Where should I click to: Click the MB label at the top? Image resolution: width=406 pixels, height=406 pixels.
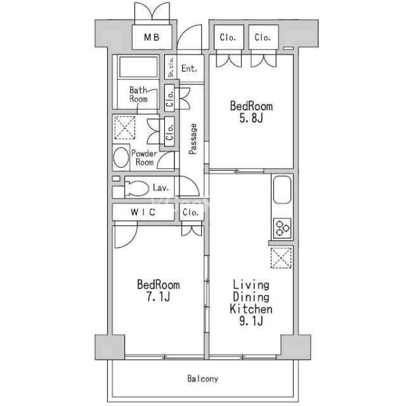point(152,37)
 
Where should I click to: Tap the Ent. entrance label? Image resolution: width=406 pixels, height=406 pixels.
point(189,69)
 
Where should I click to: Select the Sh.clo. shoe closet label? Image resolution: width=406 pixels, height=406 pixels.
point(171,67)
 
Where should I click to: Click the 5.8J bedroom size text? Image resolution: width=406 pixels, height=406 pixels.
point(251,119)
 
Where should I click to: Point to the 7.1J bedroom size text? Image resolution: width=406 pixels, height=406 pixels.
point(158,297)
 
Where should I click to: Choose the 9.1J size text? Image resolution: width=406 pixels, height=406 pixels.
point(251,322)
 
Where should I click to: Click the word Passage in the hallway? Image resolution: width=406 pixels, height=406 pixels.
point(193,139)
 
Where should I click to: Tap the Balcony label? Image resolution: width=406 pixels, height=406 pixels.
point(203,379)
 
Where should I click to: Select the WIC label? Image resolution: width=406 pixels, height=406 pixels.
point(143,213)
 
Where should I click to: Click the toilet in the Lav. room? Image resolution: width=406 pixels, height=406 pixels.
point(136,188)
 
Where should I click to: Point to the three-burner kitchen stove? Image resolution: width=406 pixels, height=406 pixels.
point(282,228)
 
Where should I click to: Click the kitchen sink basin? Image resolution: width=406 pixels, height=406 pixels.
point(282,190)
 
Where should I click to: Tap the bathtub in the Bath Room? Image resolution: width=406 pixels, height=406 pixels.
point(138,67)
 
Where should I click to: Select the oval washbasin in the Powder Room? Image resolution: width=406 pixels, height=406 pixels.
point(121,157)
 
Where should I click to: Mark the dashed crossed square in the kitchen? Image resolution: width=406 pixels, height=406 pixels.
point(281,258)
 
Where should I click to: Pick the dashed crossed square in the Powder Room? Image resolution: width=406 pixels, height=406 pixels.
point(124,128)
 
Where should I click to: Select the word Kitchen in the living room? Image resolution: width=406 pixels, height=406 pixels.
point(251,309)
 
